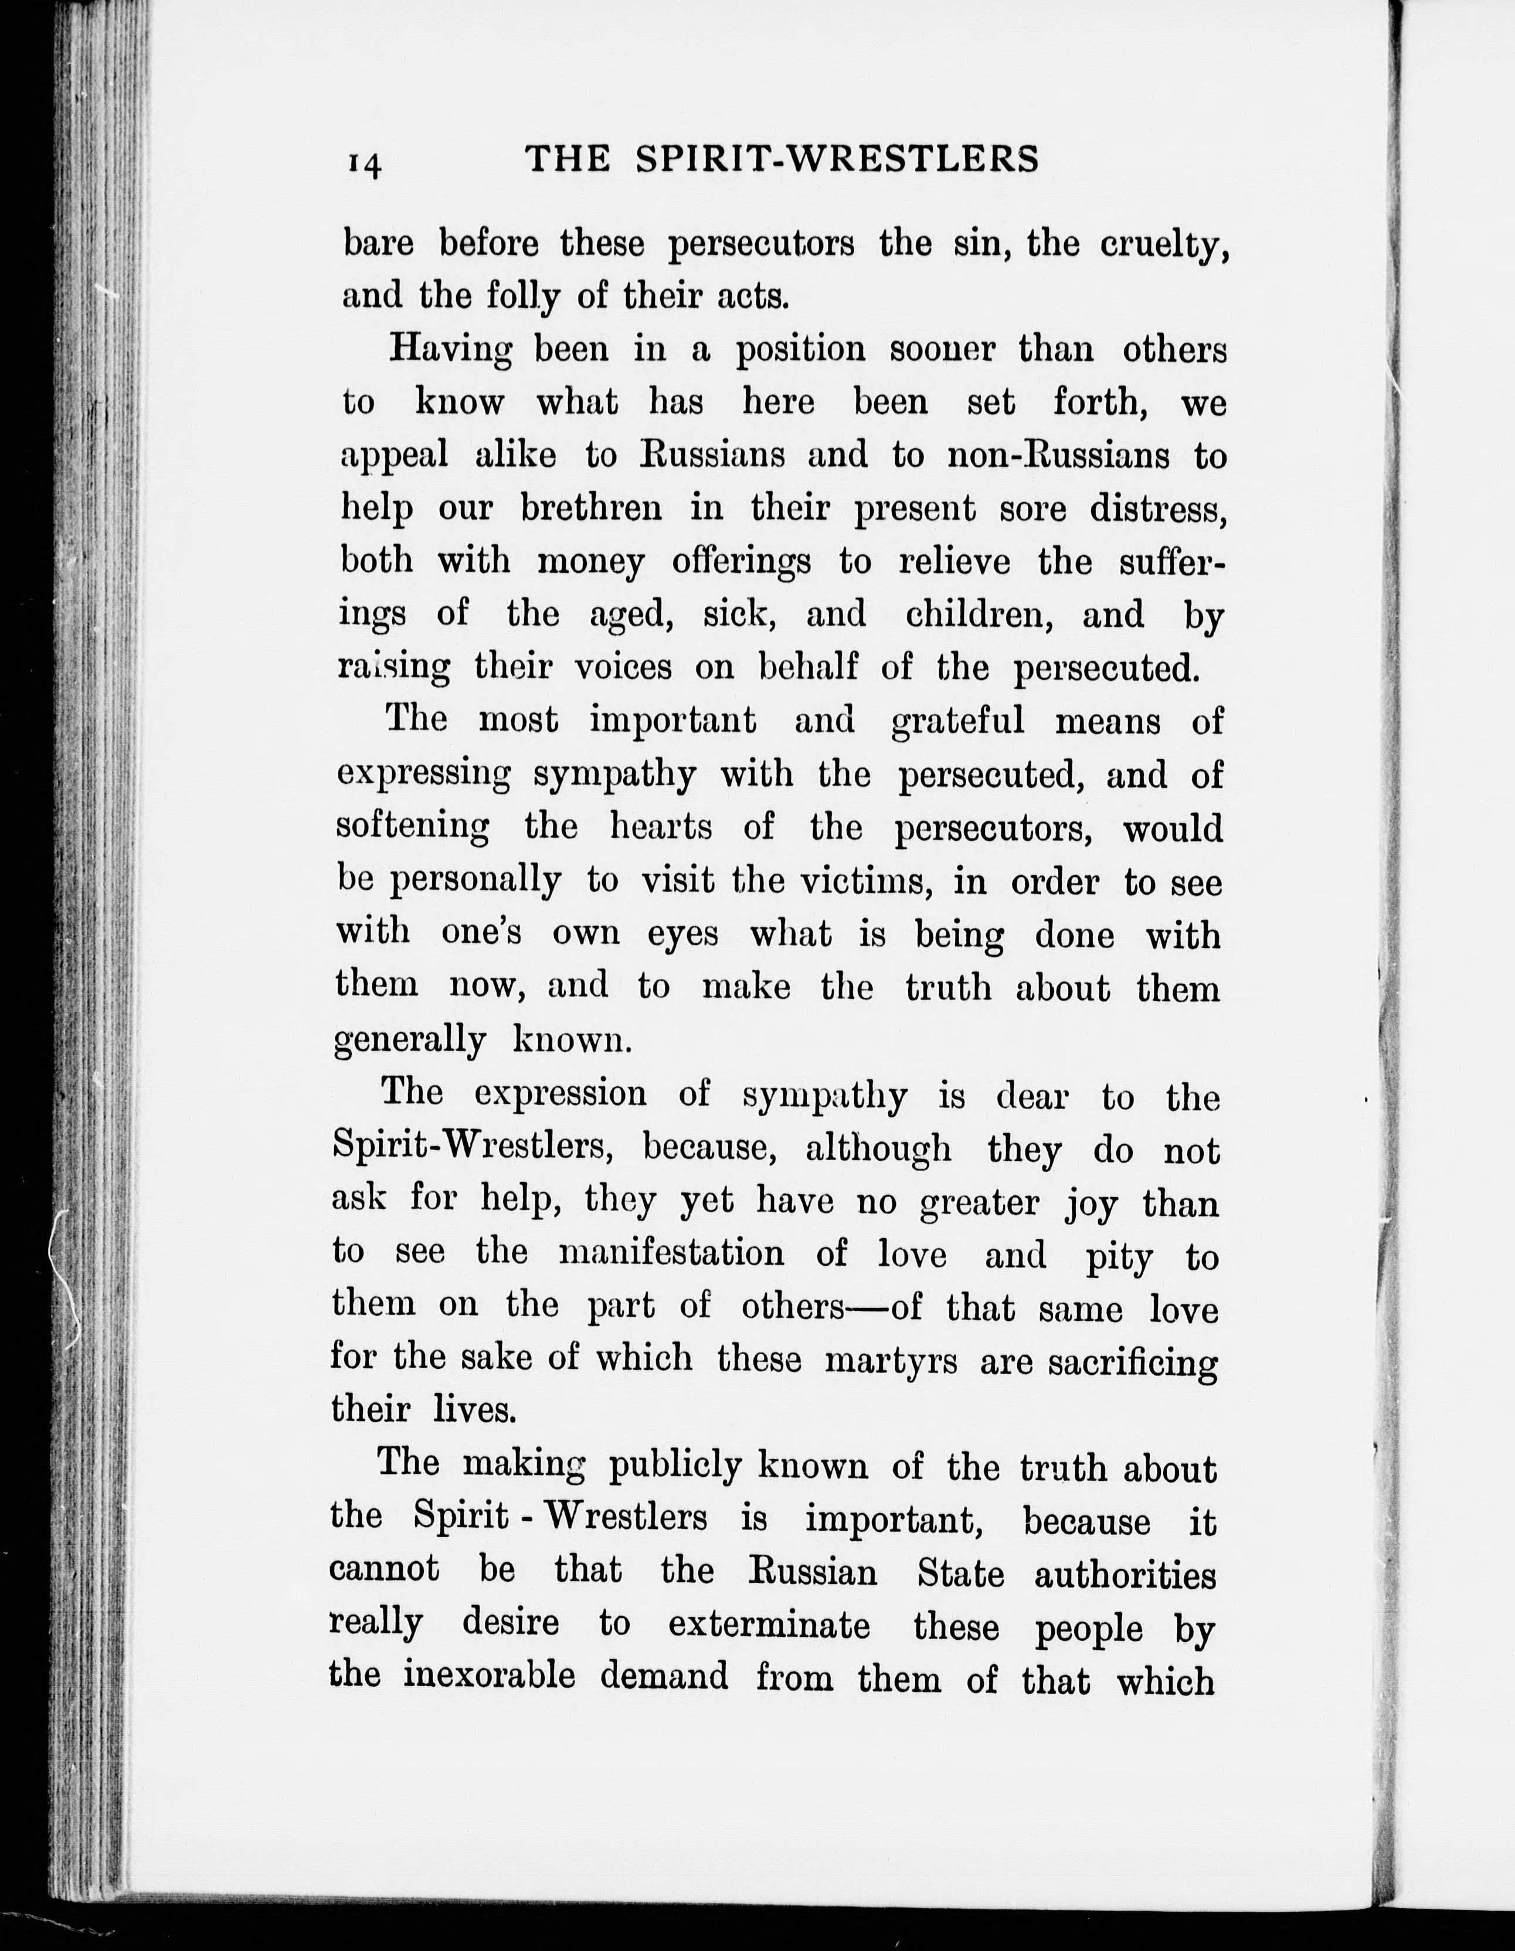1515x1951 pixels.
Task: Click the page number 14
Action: click(x=365, y=164)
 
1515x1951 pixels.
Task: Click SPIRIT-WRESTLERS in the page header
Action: click(x=837, y=159)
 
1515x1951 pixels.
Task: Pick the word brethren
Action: click(x=592, y=508)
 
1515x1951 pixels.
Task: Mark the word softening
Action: click(x=412, y=827)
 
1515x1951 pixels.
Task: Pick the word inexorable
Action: click(x=488, y=1676)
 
